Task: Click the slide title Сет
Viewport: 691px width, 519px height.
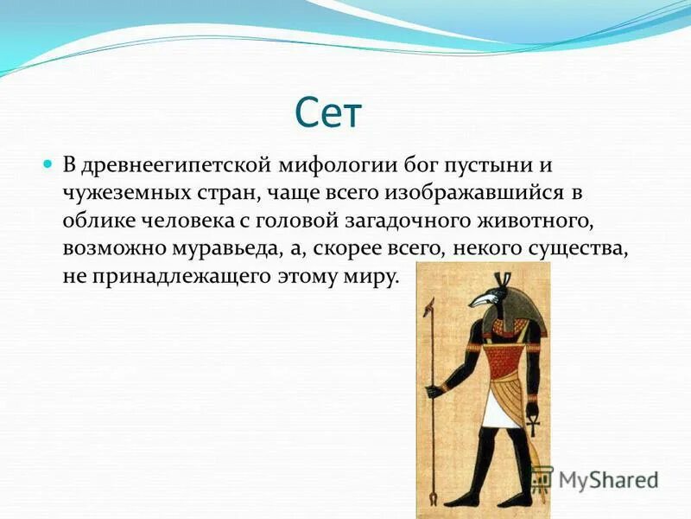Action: [x=328, y=113]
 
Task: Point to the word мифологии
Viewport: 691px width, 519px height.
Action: [x=338, y=166]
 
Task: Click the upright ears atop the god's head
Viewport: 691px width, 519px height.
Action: [x=504, y=279]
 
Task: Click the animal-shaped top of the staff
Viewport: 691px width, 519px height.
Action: [x=428, y=308]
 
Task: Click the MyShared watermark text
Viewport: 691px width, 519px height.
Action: [x=608, y=480]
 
